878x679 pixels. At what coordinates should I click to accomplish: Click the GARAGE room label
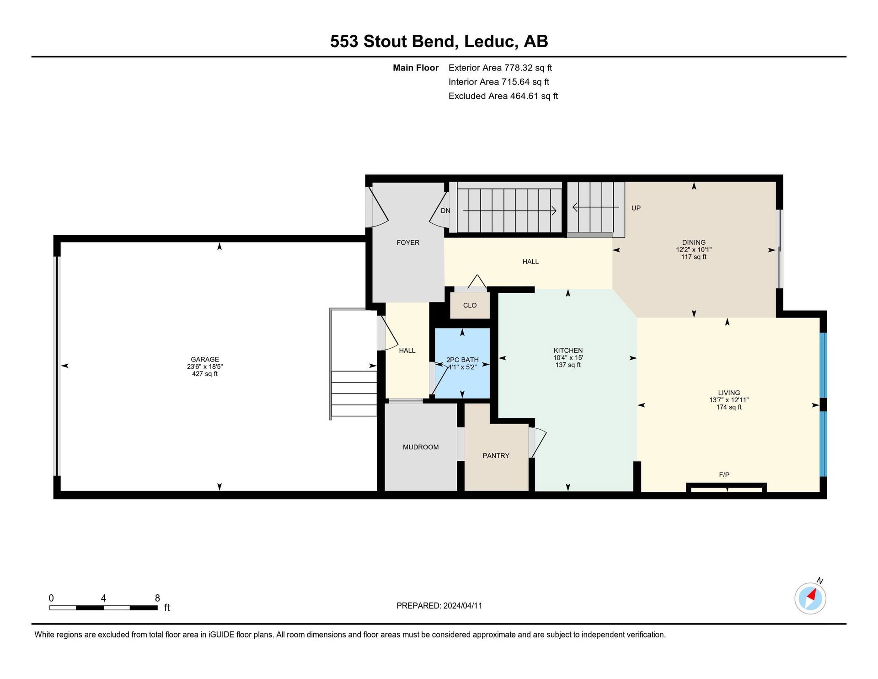click(x=205, y=359)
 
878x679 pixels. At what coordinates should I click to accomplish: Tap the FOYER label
click(x=408, y=242)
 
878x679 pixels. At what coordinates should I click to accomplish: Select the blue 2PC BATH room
click(x=462, y=363)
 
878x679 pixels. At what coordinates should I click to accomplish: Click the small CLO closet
click(x=470, y=305)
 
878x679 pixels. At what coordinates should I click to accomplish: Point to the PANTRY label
click(x=496, y=456)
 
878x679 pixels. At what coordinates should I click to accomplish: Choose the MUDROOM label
click(x=421, y=447)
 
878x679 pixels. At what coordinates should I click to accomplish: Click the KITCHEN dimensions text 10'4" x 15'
click(x=568, y=358)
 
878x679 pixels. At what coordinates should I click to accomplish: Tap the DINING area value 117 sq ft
click(x=694, y=257)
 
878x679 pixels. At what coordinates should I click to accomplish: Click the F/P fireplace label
click(x=724, y=475)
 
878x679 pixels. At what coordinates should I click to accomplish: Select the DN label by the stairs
click(x=445, y=211)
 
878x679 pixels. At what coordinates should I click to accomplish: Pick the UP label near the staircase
click(x=636, y=208)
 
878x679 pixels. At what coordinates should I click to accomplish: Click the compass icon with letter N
click(x=810, y=598)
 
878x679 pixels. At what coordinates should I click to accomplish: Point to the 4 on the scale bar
click(x=103, y=598)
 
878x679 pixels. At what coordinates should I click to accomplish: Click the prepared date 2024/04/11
click(x=463, y=606)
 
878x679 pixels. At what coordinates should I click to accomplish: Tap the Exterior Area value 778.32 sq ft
click(x=528, y=68)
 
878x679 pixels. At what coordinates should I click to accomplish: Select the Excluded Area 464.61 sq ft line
click(x=503, y=96)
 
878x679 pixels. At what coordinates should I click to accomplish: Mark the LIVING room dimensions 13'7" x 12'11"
click(x=729, y=400)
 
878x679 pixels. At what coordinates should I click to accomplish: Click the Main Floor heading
click(x=416, y=68)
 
